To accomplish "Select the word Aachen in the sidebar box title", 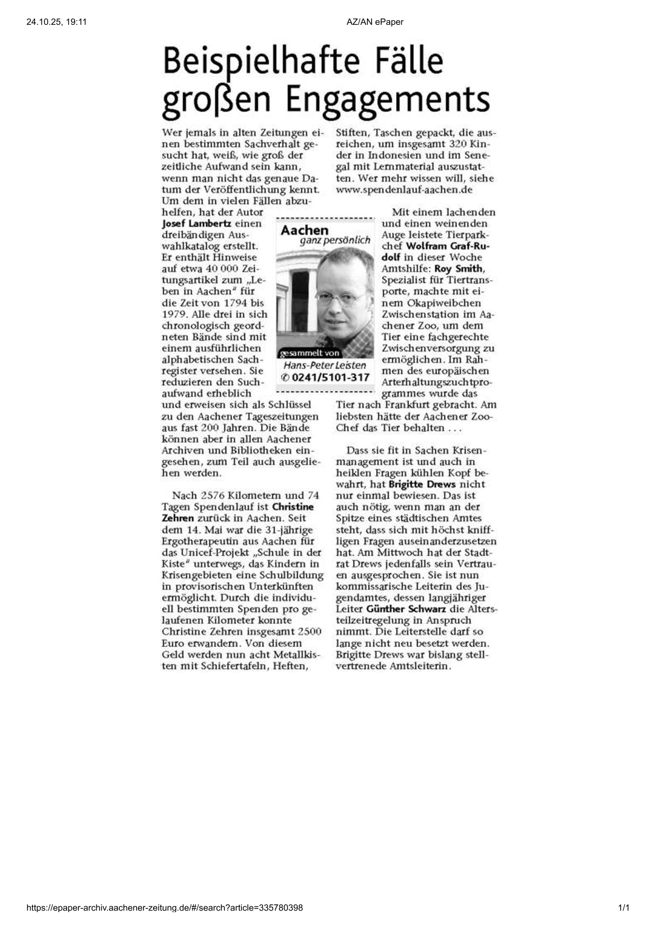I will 304,230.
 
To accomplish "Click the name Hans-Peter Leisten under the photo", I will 325,365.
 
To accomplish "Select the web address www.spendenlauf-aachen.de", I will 404,190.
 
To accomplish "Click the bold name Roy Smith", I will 459,268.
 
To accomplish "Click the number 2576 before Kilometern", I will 213,495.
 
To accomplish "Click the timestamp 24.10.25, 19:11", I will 56,22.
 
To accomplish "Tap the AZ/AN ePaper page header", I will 375,22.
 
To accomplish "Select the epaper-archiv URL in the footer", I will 165,908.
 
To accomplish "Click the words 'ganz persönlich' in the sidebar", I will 335,240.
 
